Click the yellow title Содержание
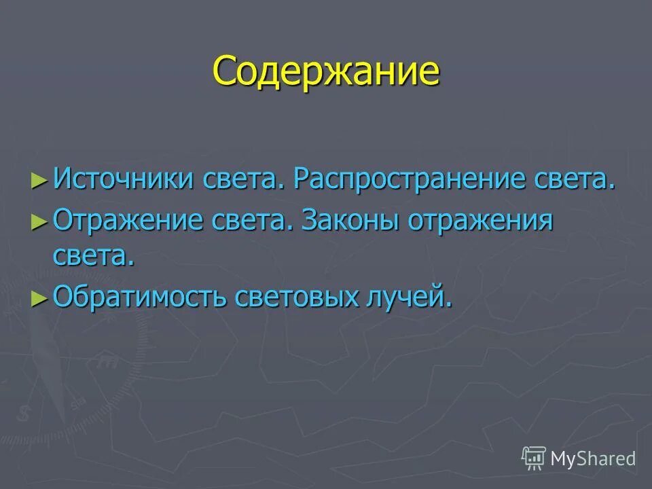[326, 71]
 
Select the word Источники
[124, 180]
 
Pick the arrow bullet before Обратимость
[39, 297]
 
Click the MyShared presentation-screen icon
[534, 458]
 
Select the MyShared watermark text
[593, 458]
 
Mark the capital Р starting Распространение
[302, 180]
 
